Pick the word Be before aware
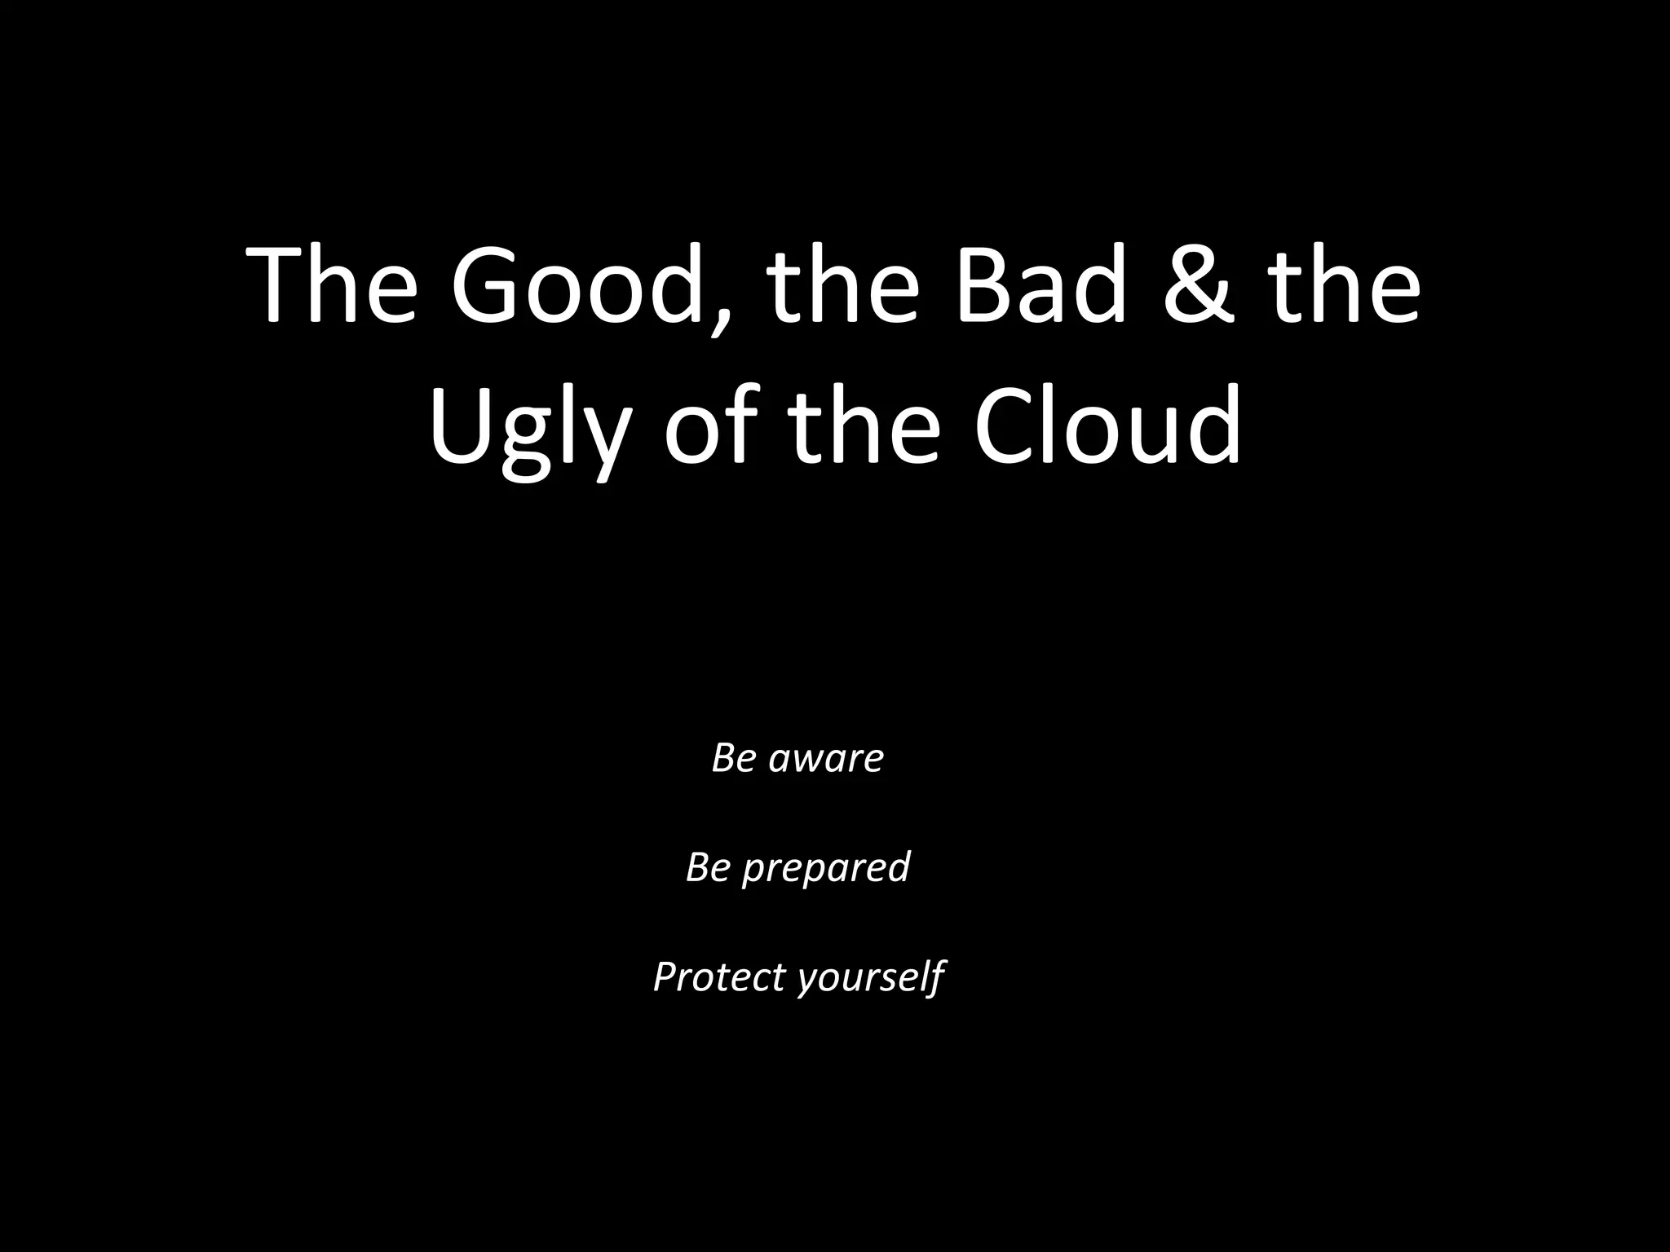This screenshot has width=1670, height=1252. pos(733,757)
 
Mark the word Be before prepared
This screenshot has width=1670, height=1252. pos(707,866)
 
